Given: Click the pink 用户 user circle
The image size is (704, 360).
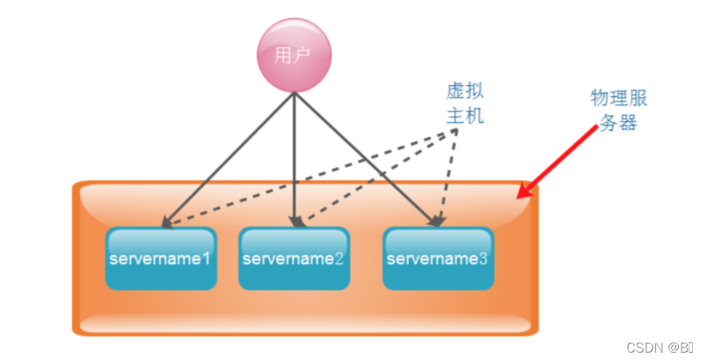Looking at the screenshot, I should (294, 55).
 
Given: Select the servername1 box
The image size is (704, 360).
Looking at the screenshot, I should (160, 259).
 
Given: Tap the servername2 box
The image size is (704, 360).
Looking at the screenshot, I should (294, 259).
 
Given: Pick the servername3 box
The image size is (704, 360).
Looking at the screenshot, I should (438, 259).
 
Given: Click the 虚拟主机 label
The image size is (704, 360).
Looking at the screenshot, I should (465, 103).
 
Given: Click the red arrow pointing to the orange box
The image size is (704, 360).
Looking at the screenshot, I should (558, 162).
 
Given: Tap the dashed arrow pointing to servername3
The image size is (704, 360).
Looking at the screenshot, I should (447, 177).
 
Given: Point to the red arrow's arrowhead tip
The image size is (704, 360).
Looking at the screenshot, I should (518, 197).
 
